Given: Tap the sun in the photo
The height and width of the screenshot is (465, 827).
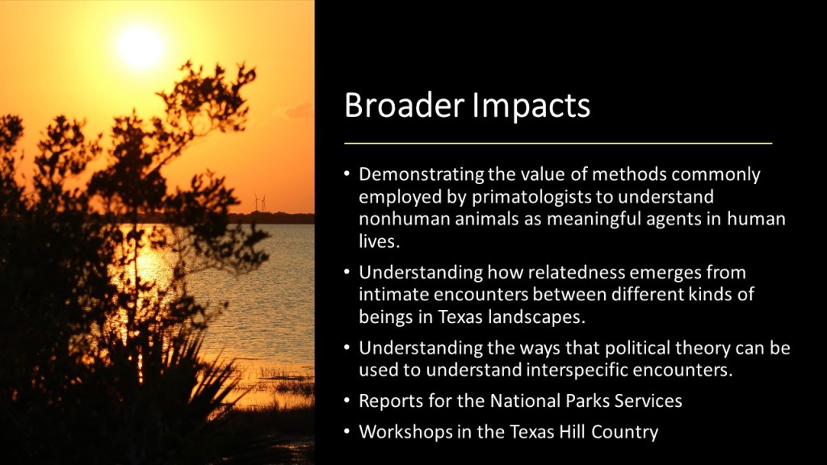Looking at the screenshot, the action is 141,46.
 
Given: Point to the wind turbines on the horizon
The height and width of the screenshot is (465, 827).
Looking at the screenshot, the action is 260,203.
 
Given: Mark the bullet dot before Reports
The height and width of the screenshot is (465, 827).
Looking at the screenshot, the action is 346,401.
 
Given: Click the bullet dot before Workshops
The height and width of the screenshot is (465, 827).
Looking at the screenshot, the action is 346,433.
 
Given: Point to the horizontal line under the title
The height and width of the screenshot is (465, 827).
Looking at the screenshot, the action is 558,143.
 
